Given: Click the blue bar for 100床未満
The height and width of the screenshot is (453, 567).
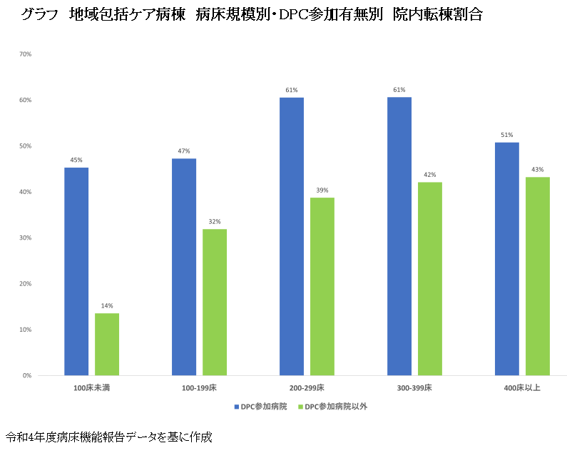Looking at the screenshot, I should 76,271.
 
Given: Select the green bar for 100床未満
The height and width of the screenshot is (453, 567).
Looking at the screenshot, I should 107,344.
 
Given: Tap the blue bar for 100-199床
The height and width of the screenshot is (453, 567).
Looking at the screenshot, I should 184,267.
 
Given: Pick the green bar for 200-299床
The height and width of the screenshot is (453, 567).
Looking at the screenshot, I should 322,286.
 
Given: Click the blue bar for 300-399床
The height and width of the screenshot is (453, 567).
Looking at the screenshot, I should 399,236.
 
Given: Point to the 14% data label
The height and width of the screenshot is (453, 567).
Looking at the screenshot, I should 107,306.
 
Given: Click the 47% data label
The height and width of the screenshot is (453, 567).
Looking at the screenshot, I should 184,151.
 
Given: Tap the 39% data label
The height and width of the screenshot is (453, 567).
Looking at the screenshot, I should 322,190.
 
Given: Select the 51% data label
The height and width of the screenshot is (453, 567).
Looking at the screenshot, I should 507,135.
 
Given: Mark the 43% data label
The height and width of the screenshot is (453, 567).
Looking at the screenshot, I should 538,170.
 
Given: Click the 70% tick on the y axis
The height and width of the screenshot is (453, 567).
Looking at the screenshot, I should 26,54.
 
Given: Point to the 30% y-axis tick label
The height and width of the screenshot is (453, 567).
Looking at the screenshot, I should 26,238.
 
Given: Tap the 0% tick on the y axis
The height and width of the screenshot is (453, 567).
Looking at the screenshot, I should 27,375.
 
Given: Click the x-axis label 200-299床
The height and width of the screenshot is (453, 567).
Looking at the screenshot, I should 307,388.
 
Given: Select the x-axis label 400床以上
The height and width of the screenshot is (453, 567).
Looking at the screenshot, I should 522,388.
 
